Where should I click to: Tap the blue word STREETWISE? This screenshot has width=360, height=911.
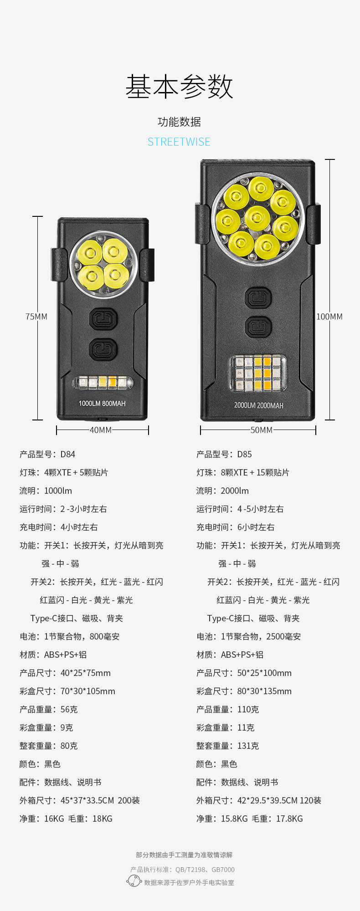tap(179, 142)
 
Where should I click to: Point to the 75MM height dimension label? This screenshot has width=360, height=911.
tap(36, 317)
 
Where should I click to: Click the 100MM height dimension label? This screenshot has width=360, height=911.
tap(329, 317)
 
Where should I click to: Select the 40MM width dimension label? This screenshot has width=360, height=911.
tap(101, 430)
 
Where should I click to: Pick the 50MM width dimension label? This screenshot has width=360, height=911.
tap(262, 430)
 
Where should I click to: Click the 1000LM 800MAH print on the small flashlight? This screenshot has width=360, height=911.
tap(102, 404)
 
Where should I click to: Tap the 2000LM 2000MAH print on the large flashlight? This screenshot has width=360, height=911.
tap(258, 405)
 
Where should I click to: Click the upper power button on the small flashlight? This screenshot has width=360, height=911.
tap(103, 319)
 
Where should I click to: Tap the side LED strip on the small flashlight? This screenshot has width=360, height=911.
tap(103, 382)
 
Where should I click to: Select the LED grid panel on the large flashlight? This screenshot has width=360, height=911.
tap(258, 374)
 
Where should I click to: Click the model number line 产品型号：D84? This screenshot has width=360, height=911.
tap(47, 454)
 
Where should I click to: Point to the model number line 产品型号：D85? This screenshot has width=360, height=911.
tap(224, 454)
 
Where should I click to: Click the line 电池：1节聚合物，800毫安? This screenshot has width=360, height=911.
tap(70, 636)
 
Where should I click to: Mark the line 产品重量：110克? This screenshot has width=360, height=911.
tap(228, 709)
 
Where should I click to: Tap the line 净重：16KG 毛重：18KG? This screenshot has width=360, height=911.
tap(66, 819)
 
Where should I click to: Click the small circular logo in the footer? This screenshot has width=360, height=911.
tap(134, 881)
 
